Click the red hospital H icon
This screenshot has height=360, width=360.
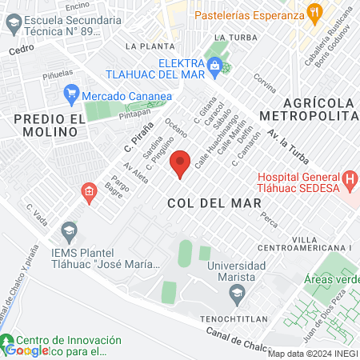pos(349,178)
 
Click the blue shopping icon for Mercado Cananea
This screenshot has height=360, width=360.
pos(70,95)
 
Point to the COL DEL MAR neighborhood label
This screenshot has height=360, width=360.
pos(206,203)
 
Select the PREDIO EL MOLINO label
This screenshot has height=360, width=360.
pos(48,126)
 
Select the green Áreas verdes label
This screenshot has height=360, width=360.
pos(332,281)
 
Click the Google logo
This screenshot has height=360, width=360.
pos(26,350)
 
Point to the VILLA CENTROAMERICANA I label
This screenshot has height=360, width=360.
pos(322,245)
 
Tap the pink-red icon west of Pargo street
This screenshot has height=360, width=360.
pos(88,190)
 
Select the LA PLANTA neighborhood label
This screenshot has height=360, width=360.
pos(150,46)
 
